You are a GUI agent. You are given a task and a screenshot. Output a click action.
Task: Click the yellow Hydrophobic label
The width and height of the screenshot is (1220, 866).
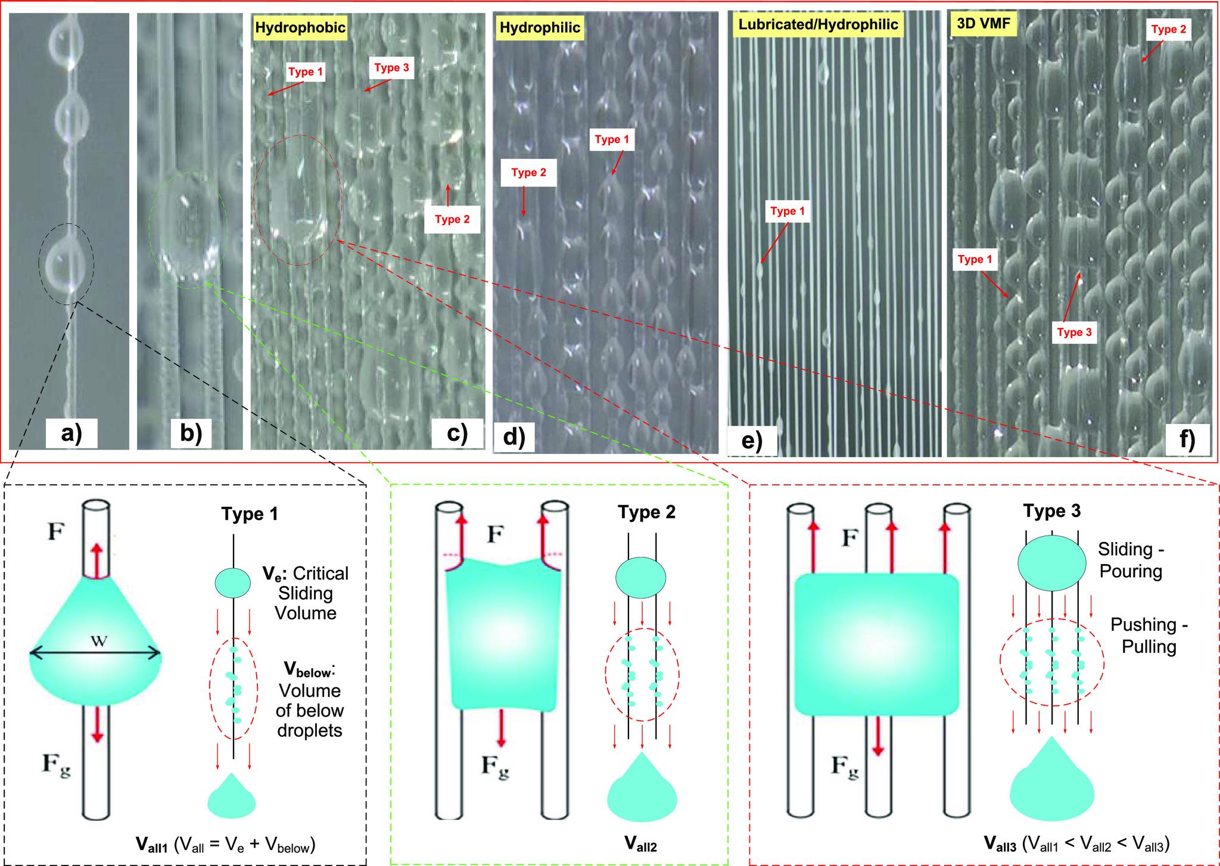point(300,28)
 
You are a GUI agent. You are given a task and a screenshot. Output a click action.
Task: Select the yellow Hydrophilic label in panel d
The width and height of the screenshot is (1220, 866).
point(540,28)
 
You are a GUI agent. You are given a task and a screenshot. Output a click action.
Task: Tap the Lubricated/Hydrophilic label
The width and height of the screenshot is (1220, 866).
point(817,24)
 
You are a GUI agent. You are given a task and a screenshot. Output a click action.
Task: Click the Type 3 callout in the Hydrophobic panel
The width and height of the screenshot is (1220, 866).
point(391,67)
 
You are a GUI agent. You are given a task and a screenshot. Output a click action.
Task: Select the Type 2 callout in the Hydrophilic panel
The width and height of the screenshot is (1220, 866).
point(528,173)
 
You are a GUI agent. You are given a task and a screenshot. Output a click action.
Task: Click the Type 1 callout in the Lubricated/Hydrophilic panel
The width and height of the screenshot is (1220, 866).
point(787,211)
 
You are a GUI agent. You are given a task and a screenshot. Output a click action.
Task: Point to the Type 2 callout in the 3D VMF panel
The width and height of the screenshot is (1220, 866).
point(1169,30)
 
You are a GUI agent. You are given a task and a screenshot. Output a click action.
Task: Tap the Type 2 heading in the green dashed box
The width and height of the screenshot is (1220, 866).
point(646,512)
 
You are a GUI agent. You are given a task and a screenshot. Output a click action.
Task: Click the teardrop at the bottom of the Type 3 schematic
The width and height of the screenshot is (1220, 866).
point(1052,780)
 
